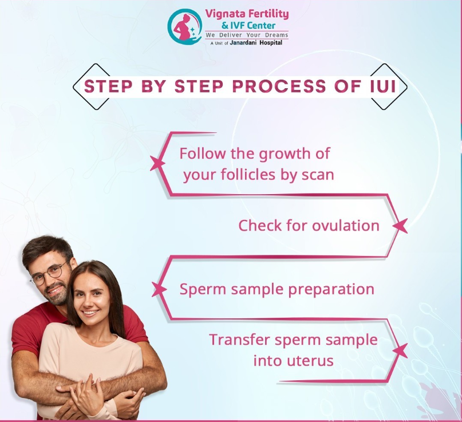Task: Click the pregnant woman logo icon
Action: (184, 26)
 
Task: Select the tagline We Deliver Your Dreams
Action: (247, 35)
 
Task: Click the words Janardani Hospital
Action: (256, 43)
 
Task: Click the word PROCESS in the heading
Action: (279, 86)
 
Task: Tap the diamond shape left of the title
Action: (91, 86)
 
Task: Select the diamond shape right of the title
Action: (389, 86)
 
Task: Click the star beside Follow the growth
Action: (157, 164)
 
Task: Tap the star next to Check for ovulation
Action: (400, 226)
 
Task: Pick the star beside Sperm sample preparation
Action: (159, 289)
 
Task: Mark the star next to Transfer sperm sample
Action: (400, 350)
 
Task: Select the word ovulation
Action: (346, 226)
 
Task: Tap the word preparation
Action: (331, 290)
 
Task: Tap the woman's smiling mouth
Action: (90, 313)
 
